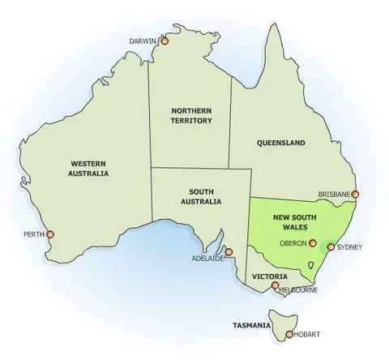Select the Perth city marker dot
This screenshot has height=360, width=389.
(x=51, y=234)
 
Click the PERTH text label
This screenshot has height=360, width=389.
(x=33, y=234)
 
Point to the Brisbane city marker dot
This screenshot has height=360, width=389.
(x=354, y=195)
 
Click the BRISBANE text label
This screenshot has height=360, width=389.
(x=333, y=195)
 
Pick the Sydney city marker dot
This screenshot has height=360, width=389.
(x=330, y=246)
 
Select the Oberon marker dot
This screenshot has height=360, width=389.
(x=313, y=242)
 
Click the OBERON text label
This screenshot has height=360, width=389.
(x=293, y=242)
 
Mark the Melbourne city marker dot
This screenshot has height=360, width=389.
(x=276, y=285)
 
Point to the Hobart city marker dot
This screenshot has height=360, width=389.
(x=287, y=333)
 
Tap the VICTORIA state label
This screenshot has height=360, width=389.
(x=268, y=276)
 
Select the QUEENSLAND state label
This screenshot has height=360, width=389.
(x=280, y=143)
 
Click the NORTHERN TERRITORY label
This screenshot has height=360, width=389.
(x=191, y=114)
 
